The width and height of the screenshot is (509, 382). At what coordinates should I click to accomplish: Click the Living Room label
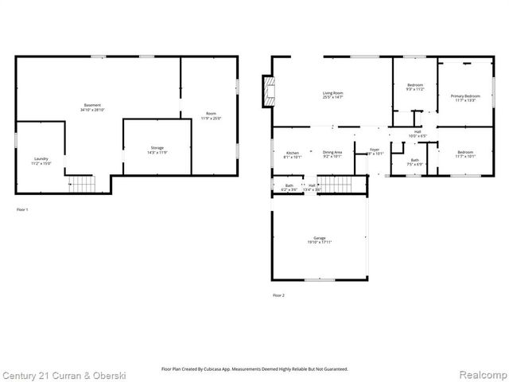(x=332, y=95)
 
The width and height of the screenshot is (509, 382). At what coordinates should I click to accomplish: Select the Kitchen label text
(x=293, y=154)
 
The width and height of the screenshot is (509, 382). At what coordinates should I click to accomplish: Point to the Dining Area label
(x=332, y=154)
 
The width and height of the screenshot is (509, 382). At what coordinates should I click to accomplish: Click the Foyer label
(x=374, y=150)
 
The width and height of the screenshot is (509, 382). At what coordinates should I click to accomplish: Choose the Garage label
(x=319, y=241)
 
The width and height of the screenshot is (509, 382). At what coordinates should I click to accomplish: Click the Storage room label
(x=157, y=150)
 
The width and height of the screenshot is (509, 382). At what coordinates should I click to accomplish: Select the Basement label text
(x=93, y=107)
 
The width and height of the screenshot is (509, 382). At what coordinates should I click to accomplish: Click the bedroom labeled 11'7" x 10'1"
(x=465, y=154)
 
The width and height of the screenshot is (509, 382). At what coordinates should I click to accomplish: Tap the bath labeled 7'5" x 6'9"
(x=414, y=162)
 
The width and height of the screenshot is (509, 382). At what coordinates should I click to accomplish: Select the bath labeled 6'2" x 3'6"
(x=289, y=188)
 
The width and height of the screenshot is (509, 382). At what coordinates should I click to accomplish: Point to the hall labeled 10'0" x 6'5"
(x=418, y=134)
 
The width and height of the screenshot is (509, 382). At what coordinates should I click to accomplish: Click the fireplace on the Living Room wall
(x=269, y=90)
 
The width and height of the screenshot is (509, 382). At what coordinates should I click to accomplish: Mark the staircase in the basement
(x=82, y=185)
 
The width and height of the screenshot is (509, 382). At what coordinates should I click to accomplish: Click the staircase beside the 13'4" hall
(x=340, y=186)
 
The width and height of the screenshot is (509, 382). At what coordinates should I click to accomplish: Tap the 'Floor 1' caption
(x=22, y=210)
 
